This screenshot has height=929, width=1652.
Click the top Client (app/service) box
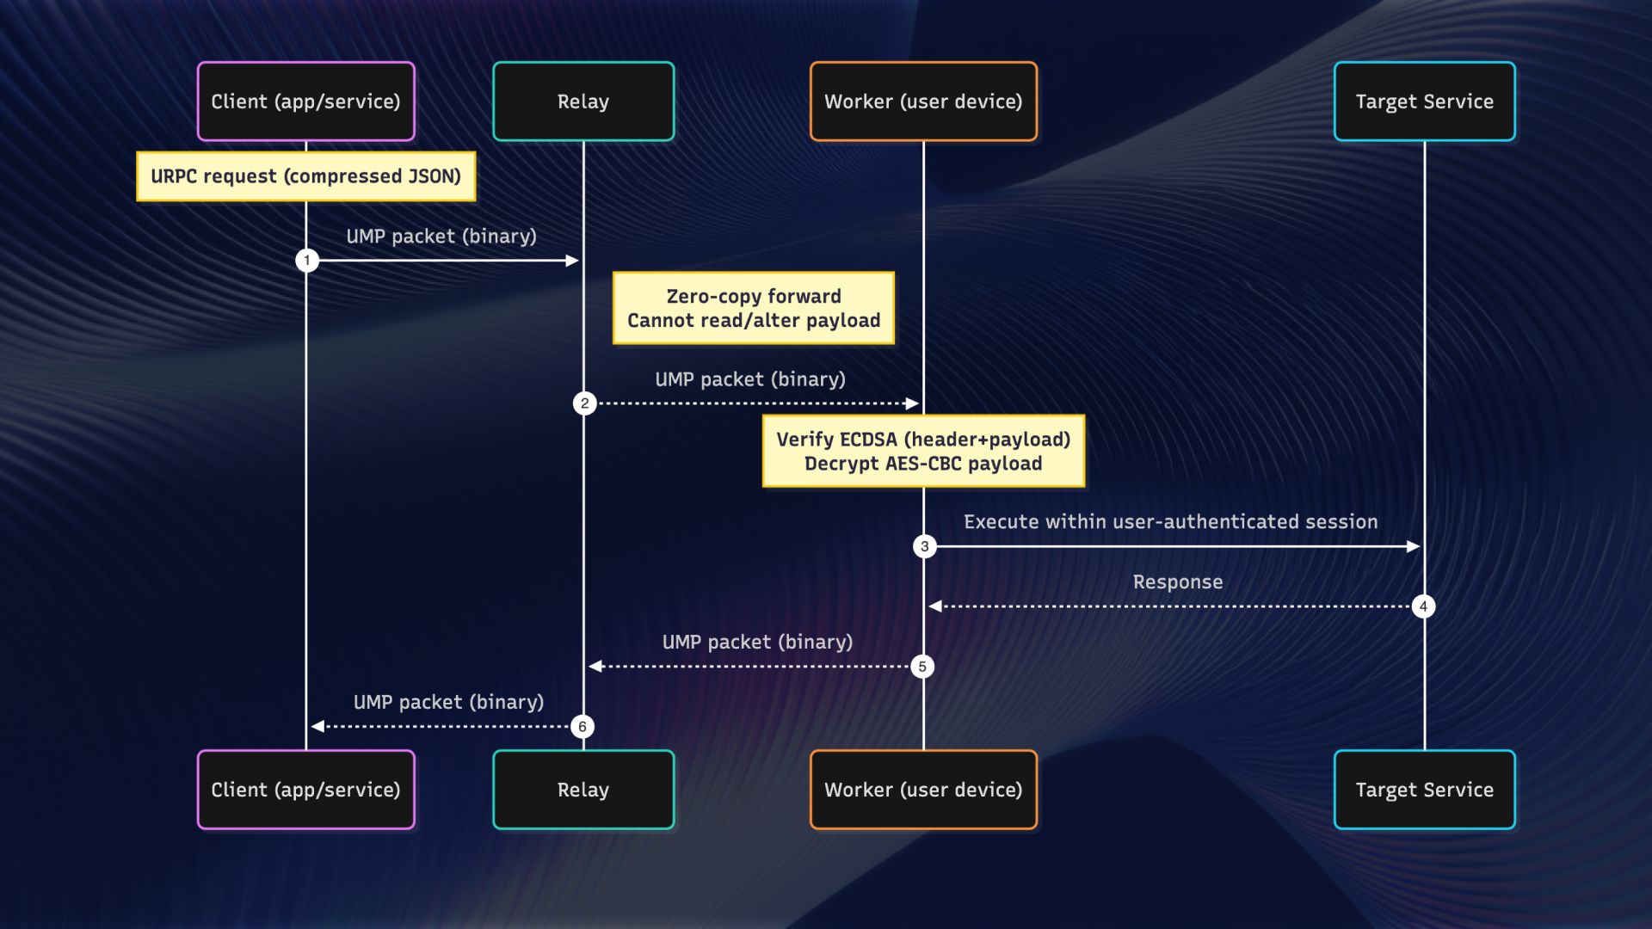[305, 102]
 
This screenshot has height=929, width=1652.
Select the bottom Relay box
[583, 790]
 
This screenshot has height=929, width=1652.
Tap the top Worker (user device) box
[923, 102]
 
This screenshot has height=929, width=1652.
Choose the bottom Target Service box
[1424, 790]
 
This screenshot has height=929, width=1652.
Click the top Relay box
[583, 102]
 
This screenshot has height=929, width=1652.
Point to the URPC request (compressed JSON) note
[305, 176]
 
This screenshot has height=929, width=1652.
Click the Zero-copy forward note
[754, 308]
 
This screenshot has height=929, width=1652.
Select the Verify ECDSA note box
[923, 451]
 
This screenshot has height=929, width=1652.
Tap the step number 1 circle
[307, 260]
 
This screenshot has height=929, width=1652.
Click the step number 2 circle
[585, 403]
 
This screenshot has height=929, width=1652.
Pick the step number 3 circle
[925, 546]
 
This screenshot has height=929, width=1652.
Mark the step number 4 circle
[1423, 606]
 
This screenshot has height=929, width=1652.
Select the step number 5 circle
[922, 667]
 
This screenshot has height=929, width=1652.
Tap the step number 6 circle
[583, 727]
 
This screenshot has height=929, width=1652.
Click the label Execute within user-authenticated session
[1170, 521]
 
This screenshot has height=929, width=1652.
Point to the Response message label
[1177, 581]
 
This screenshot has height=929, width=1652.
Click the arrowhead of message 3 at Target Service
[1413, 546]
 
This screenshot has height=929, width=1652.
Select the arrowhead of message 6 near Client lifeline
[317, 727]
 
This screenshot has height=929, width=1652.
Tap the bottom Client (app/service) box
[305, 790]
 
